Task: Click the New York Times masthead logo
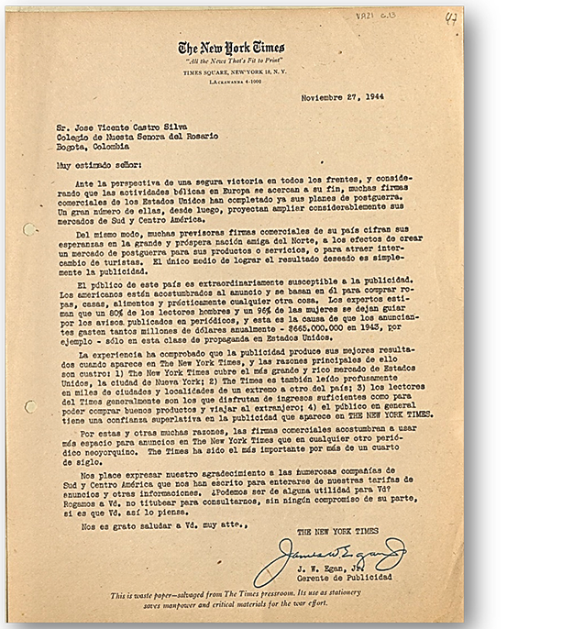click(231, 49)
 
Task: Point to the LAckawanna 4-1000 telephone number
click(231, 81)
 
